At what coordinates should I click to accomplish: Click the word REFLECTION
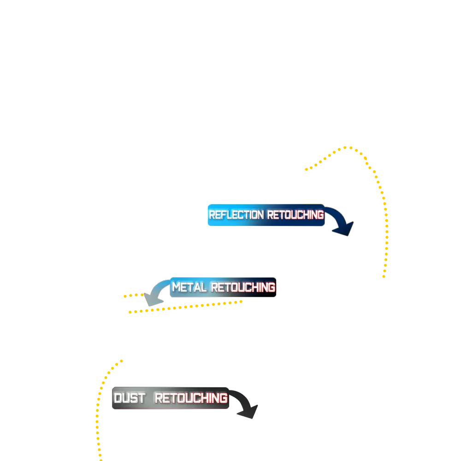point(236,215)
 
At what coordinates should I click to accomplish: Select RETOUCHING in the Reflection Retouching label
point(295,215)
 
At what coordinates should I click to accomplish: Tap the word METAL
point(189,288)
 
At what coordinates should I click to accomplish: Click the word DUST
point(130,398)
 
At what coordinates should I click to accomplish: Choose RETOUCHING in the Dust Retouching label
point(190,398)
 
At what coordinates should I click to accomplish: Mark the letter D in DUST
point(118,398)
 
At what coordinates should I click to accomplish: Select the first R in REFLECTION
point(212,215)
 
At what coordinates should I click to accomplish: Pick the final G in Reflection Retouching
point(320,215)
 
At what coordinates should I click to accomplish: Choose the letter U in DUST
point(126,398)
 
